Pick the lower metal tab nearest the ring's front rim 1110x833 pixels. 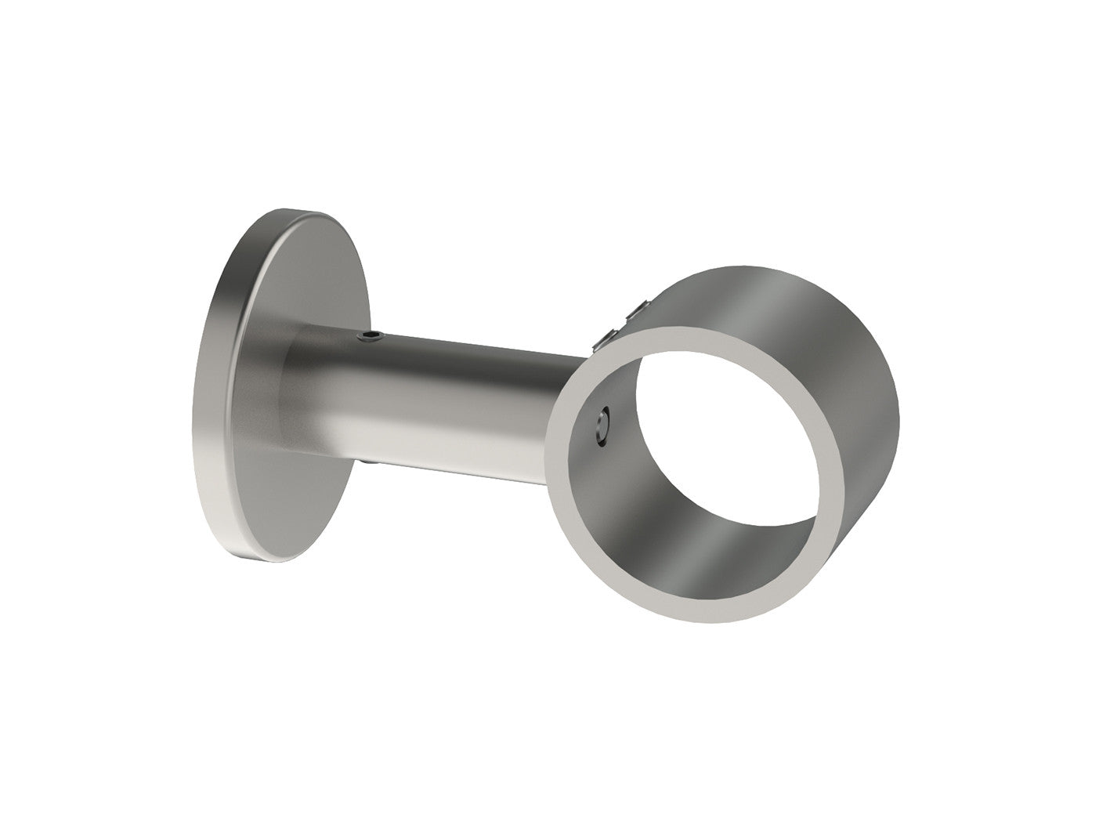[609, 337]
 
